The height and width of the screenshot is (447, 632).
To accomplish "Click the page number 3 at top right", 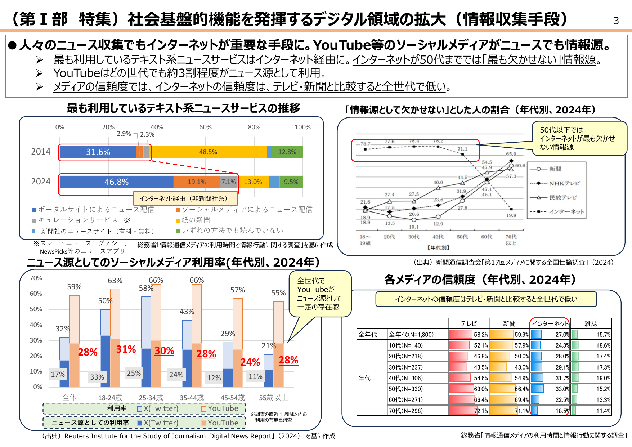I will [x=616, y=21].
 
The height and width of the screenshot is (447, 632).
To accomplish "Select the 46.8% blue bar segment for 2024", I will [x=116, y=182].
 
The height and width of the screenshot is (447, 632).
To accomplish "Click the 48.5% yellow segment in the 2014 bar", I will [x=208, y=152].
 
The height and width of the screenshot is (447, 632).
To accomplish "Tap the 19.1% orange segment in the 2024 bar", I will [x=197, y=182].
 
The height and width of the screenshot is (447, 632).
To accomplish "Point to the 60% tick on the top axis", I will [x=205, y=127].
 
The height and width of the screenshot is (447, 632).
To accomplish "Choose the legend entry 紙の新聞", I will [x=196, y=220].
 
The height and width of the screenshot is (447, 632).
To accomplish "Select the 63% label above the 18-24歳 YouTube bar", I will [x=115, y=280].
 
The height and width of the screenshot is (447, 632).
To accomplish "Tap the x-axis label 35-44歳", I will [x=192, y=398].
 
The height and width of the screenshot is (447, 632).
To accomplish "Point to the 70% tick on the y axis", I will [x=36, y=278].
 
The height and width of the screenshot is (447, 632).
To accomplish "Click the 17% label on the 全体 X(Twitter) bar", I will [x=58, y=374].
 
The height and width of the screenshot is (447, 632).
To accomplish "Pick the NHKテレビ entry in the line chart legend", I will [x=564, y=183].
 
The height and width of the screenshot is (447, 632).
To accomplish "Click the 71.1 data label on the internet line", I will [x=462, y=149].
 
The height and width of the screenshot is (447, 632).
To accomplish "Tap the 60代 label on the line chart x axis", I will [x=487, y=237].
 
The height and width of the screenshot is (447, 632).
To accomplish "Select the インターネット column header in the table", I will [x=550, y=323].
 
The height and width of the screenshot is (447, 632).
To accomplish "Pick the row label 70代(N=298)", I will [x=406, y=411].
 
